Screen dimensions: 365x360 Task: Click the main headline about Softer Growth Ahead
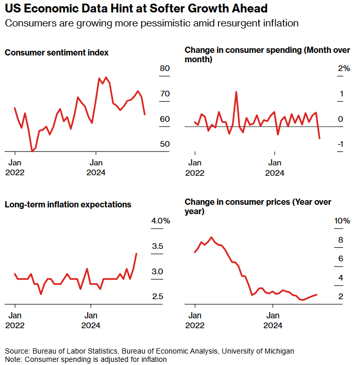point(136,9)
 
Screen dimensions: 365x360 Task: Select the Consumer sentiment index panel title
point(57,52)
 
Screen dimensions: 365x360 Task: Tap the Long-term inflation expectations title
point(68,204)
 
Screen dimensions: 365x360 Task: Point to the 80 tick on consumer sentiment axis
point(165,68)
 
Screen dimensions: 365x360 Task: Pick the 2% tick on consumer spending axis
point(344,68)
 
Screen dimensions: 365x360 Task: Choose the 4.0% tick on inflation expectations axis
point(161,221)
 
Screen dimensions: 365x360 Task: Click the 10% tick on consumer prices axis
point(342,221)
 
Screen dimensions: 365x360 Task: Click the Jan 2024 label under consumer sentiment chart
point(96,167)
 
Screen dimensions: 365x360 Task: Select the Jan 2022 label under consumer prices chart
point(195,320)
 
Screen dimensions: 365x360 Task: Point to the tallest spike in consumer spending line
point(236,92)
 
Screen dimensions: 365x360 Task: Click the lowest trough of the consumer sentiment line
point(32,151)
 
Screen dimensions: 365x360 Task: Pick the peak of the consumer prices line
point(211,237)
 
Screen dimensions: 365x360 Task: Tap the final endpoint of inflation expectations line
point(136,254)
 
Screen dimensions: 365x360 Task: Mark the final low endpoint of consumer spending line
point(320,138)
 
